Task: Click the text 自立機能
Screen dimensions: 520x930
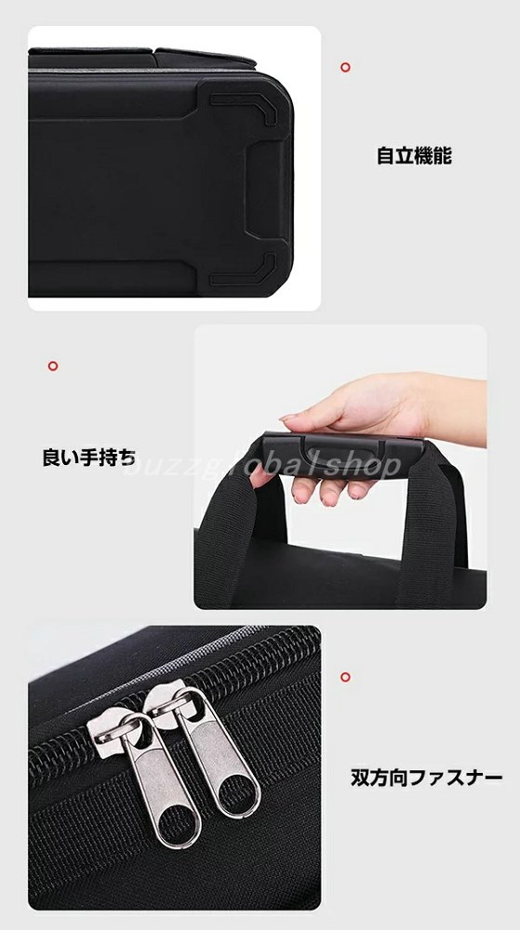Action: coord(414,155)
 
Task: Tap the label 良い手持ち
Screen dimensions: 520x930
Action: coord(89,458)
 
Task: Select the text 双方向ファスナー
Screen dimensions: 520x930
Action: coord(426,777)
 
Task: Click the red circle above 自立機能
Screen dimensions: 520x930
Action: coord(345,68)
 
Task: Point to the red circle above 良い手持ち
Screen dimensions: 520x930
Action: coord(53,365)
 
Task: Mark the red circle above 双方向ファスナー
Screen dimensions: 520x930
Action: coord(345,677)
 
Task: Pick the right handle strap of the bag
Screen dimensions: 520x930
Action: coord(430,528)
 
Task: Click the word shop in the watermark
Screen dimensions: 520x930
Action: coord(364,467)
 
